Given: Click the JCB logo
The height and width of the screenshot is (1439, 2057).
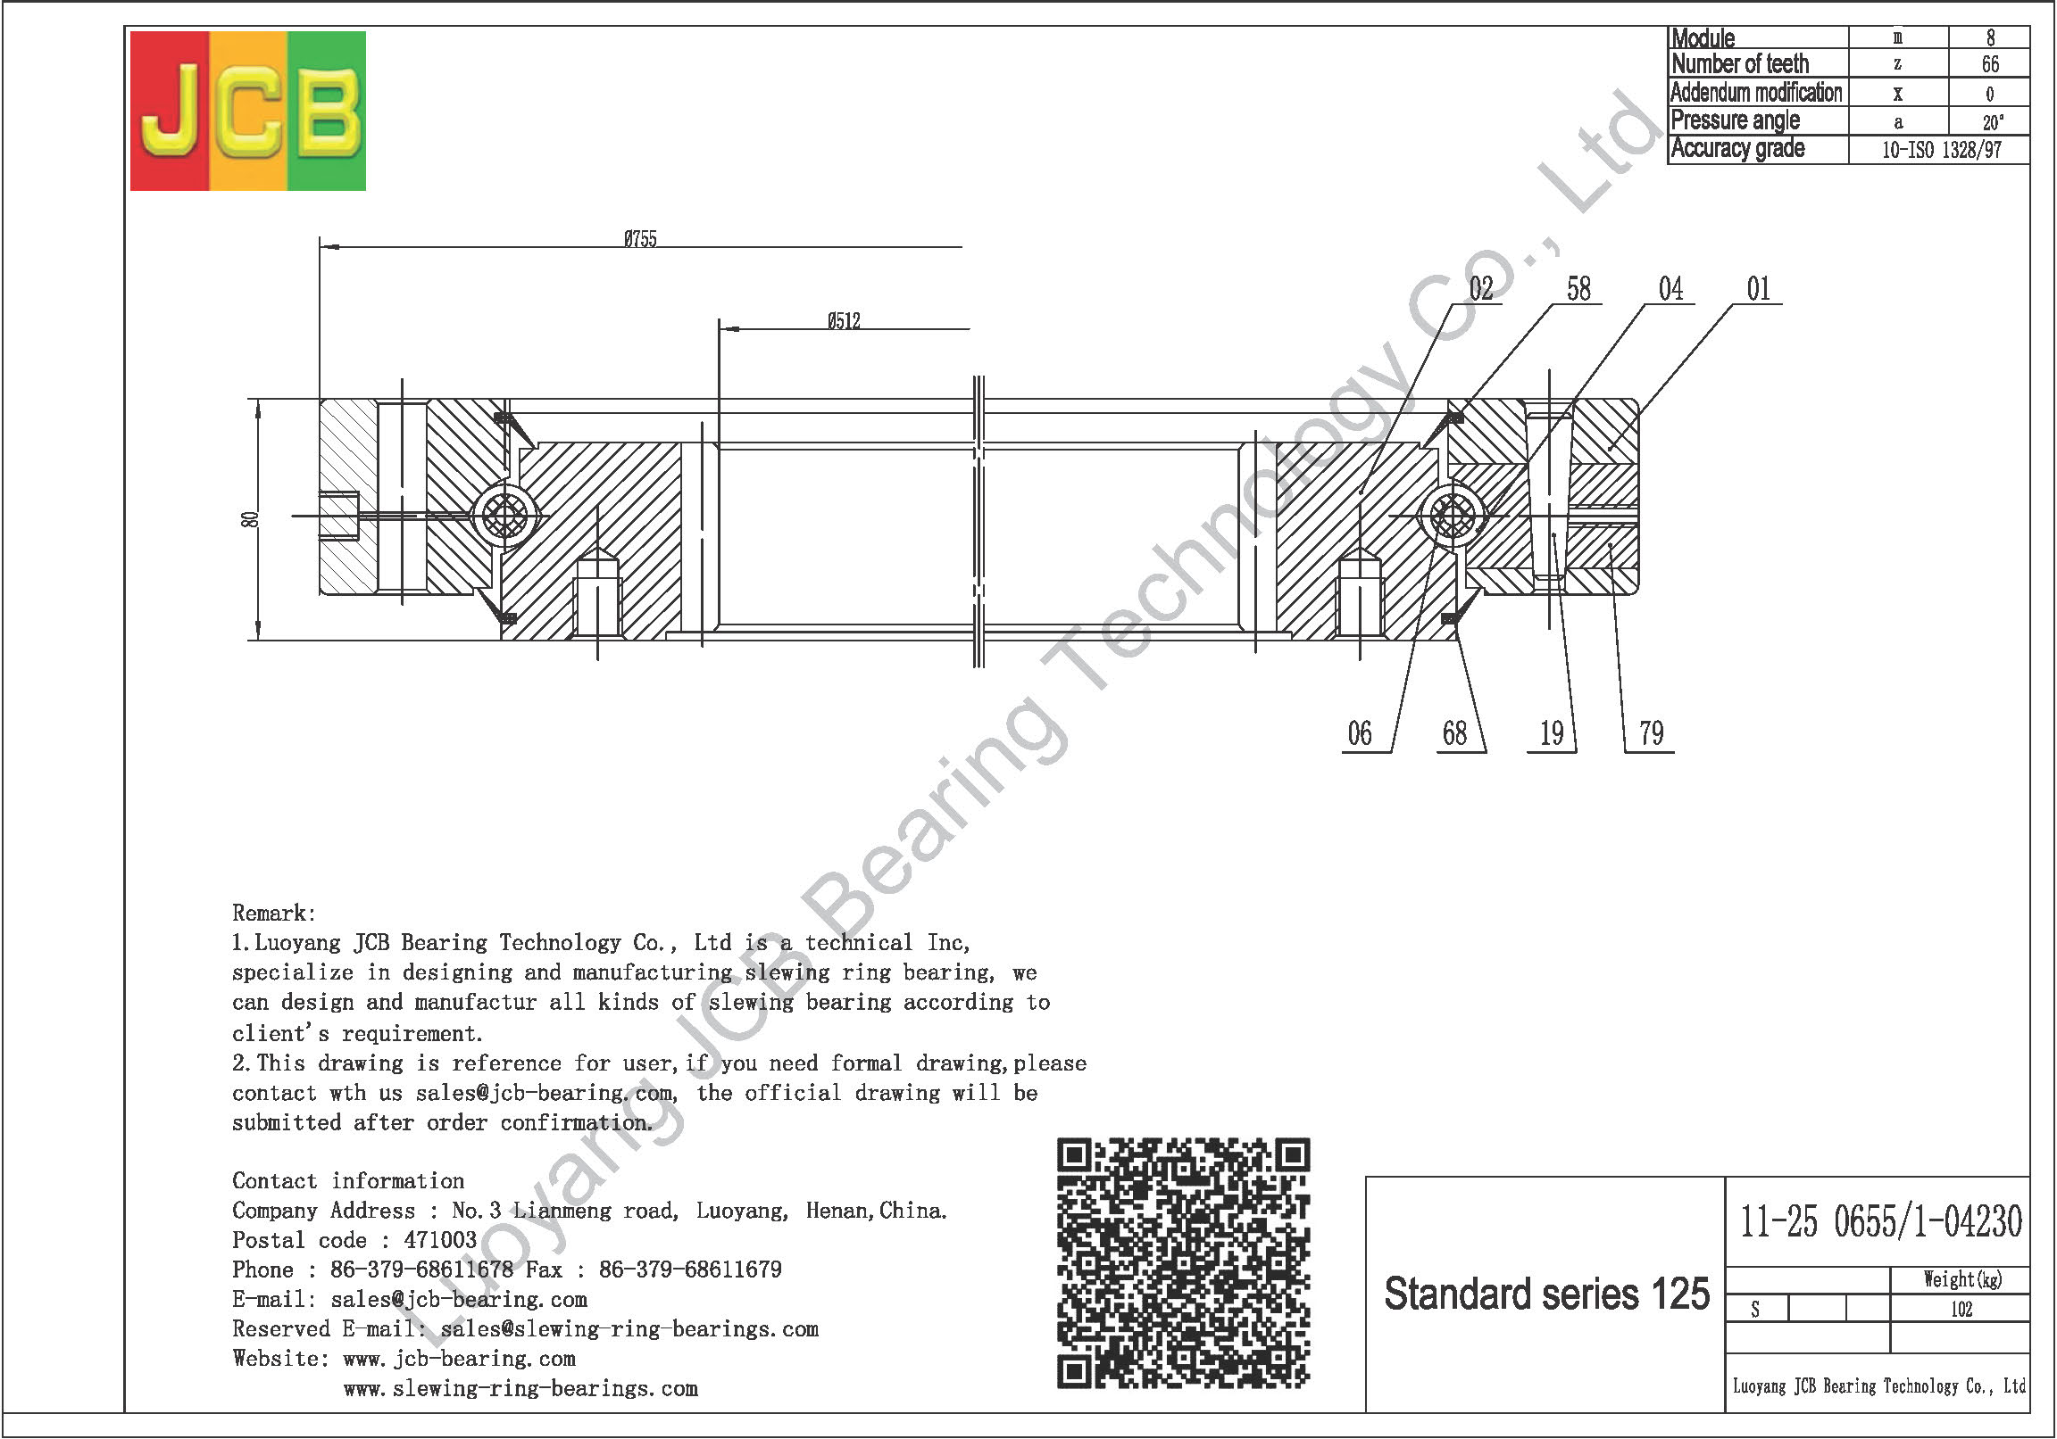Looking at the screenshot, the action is coord(248,111).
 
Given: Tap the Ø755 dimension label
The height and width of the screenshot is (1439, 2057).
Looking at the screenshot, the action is coord(640,239).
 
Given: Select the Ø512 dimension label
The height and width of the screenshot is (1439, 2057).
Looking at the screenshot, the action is coord(844,320).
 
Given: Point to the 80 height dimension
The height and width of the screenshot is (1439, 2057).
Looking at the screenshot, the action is coord(250,519).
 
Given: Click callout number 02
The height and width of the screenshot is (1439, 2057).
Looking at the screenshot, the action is coord(1481,288).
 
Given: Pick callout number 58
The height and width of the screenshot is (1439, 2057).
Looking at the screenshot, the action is coord(1578,288).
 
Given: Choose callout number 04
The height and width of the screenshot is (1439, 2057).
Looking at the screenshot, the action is coord(1670,288).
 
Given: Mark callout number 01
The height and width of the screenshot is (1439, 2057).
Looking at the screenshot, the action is coord(1759,288).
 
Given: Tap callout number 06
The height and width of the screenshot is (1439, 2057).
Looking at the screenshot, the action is coord(1360,733).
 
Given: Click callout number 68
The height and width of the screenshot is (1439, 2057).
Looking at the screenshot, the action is coord(1455,733).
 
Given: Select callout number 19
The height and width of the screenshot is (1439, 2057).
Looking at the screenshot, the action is coord(1552,733).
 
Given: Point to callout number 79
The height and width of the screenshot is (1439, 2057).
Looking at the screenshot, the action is coord(1651,733).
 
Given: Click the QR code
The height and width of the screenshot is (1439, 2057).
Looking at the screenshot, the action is coord(1184,1263).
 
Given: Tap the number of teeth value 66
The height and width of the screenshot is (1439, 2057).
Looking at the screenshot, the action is coord(1990,64).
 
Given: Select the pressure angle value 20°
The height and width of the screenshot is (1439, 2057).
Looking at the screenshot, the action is coord(1992,122).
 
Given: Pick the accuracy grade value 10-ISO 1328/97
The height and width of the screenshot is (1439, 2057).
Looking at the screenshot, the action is coord(1942,150).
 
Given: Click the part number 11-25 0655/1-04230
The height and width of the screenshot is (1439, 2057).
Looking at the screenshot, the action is coord(1880,1221).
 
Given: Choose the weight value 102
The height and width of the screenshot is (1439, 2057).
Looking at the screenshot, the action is coord(1961,1309).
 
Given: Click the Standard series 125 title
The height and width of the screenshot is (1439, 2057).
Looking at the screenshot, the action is coord(1546,1294).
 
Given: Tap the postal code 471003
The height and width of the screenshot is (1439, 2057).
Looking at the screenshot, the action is coord(440,1240).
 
